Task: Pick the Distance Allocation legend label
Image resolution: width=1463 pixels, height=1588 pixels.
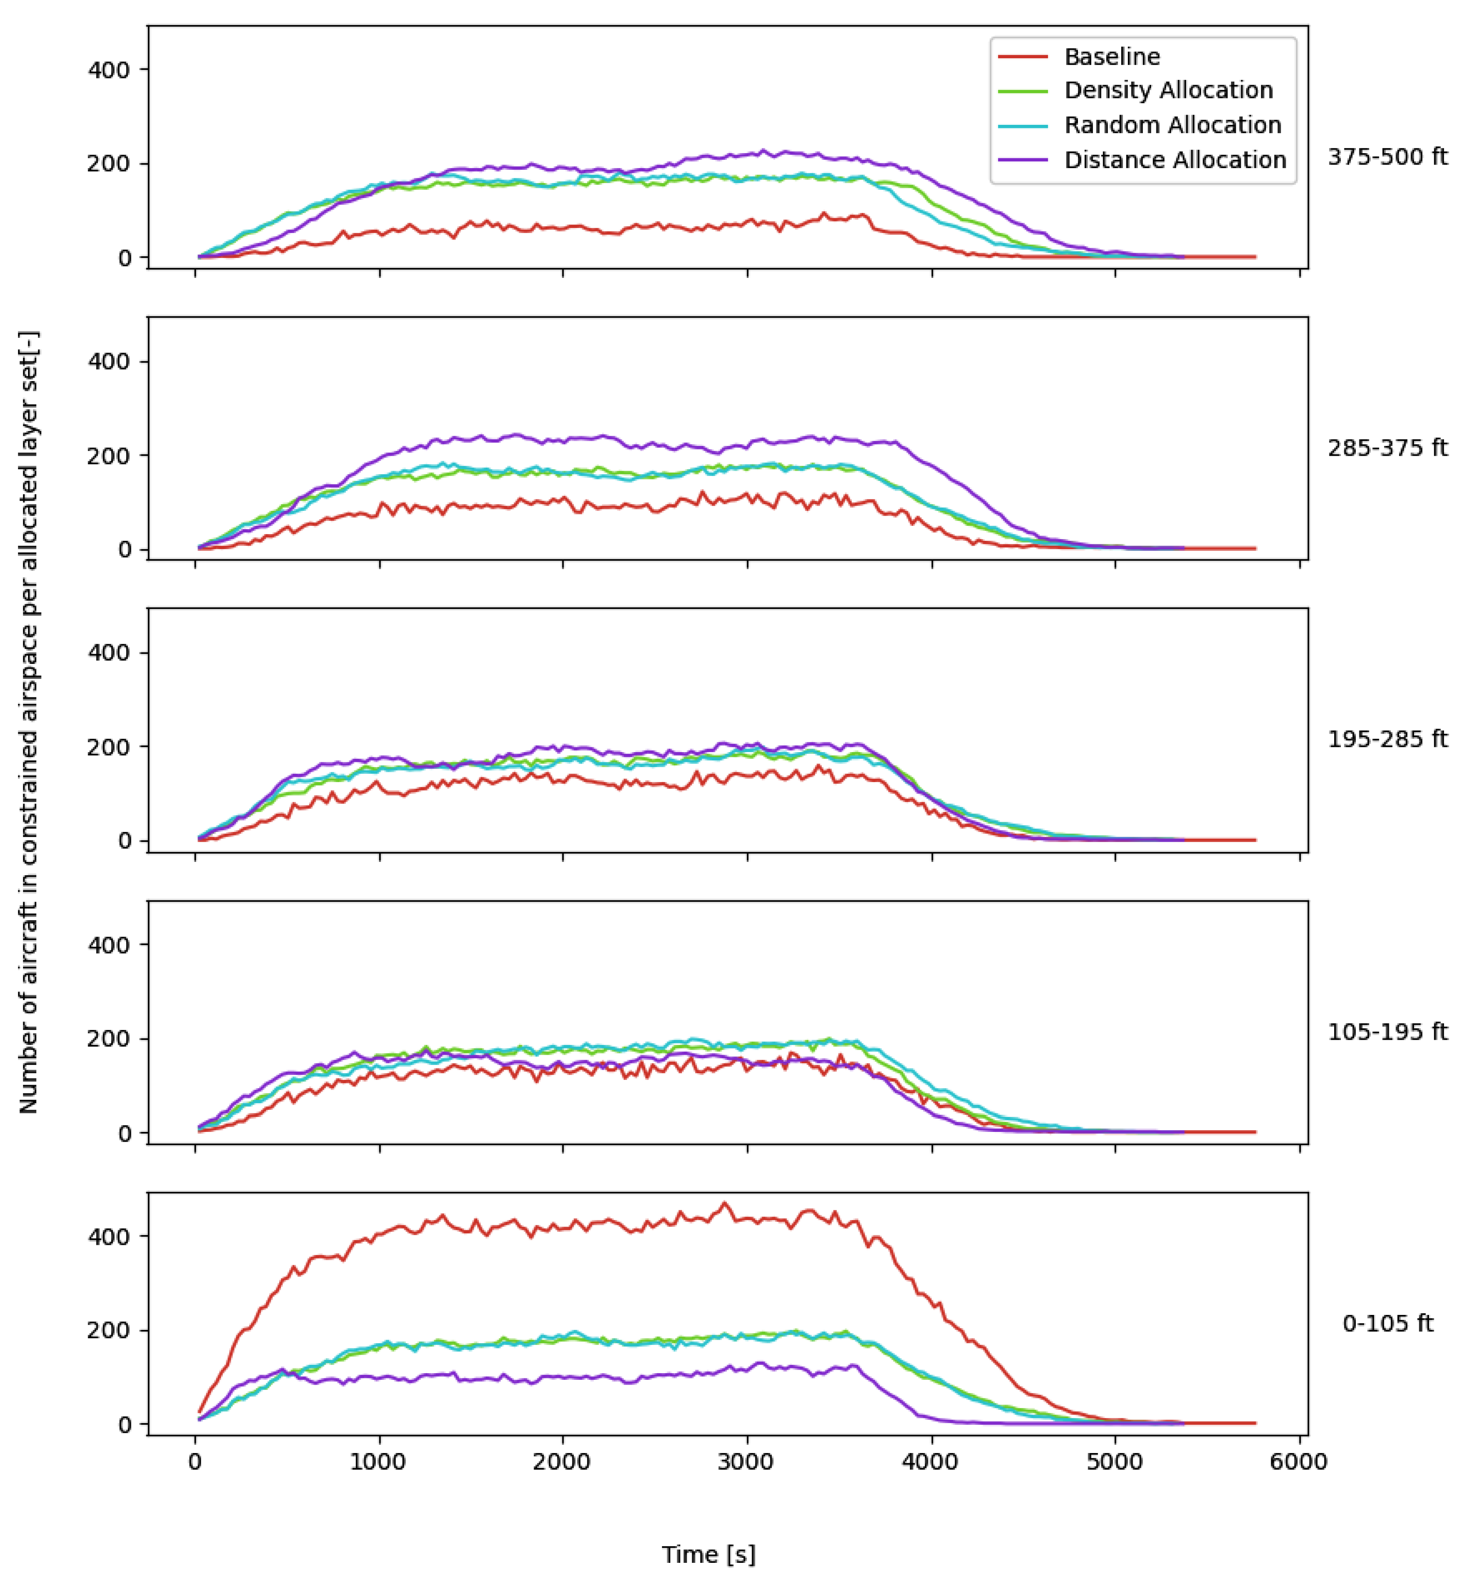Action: click(1175, 160)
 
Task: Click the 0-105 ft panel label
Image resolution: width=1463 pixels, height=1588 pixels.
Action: click(1387, 1324)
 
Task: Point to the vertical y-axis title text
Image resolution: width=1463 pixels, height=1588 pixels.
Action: click(29, 722)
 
